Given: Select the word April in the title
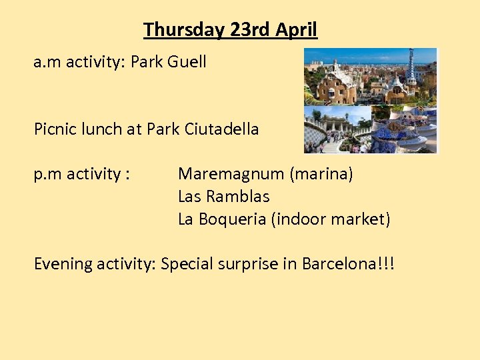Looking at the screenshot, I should tap(297, 30).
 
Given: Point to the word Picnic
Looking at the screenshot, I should tap(55, 129).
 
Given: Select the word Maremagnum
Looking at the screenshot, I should tap(231, 175).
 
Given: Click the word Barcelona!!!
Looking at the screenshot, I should tap(348, 263).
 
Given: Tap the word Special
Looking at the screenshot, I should tap(187, 264).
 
